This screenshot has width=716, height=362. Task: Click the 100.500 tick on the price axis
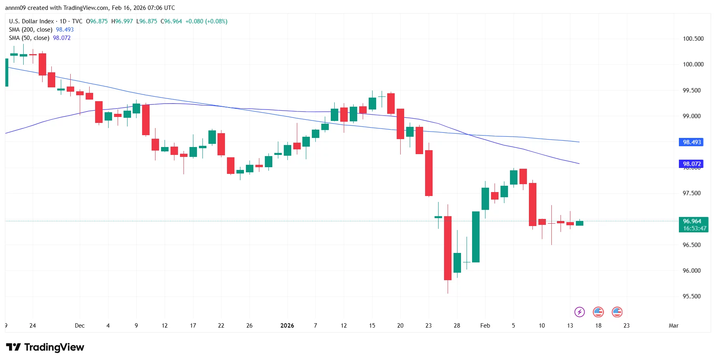point(693,39)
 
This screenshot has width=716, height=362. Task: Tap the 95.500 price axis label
point(692,296)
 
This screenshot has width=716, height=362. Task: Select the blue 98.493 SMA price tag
point(692,142)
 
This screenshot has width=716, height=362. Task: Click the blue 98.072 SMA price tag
point(692,164)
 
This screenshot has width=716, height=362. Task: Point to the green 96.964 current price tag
point(693,224)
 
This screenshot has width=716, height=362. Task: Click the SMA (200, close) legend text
point(30,30)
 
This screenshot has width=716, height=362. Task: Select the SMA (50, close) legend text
point(29,38)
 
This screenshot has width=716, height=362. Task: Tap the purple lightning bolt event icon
point(579,312)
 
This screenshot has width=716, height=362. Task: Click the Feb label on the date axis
point(485,326)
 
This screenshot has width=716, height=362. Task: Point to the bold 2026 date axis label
point(287,326)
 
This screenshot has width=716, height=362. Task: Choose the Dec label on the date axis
point(79,326)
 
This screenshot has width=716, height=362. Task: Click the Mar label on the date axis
point(673,326)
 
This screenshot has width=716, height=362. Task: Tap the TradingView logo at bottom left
point(45,347)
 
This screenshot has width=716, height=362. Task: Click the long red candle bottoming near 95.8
point(448,248)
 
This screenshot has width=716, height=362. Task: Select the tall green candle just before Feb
point(476,237)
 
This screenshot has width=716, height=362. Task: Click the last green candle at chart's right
point(579,223)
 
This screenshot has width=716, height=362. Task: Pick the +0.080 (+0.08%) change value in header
point(206,21)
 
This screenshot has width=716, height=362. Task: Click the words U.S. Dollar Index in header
point(31,21)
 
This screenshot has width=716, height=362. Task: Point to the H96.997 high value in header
point(122,21)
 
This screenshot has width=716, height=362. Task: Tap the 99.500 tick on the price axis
point(692,90)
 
